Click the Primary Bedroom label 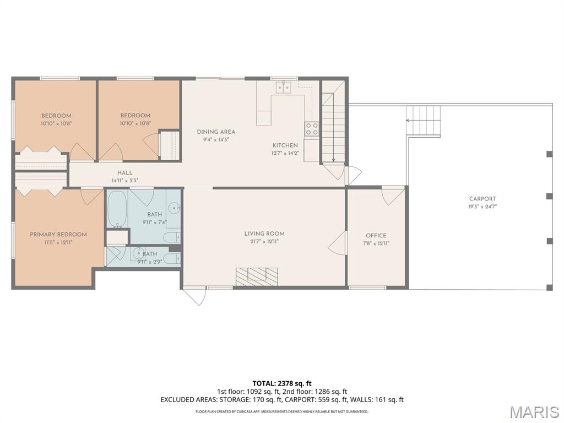58,235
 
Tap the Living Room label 264,234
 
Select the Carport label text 482,199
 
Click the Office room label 376,236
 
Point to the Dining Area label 216,132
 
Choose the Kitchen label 285,145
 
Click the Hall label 124,172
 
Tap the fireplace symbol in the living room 257,276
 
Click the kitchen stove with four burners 312,129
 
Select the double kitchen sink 284,87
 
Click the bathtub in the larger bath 117,208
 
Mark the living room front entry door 194,295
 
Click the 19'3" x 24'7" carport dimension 482,207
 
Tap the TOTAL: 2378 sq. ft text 281,383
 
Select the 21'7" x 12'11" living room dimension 264,241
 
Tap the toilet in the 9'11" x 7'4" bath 171,237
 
